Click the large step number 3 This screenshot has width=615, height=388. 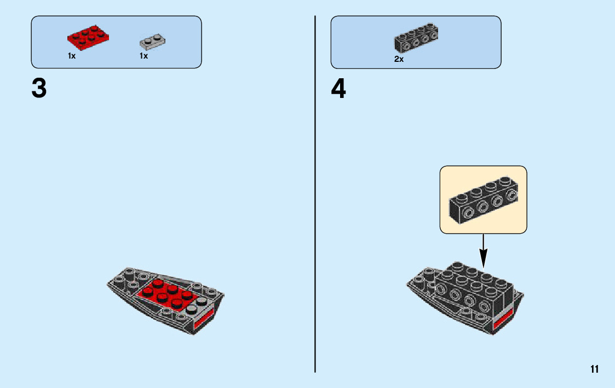[39, 89]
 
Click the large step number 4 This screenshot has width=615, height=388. [338, 89]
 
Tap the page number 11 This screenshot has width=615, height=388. [595, 369]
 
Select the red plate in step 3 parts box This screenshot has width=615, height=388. [88, 36]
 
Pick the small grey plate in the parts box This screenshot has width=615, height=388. [152, 40]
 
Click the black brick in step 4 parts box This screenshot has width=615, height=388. [416, 37]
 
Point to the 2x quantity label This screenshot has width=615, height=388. [399, 59]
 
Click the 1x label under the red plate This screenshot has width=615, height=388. [72, 56]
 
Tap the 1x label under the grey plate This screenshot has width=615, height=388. [143, 56]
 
